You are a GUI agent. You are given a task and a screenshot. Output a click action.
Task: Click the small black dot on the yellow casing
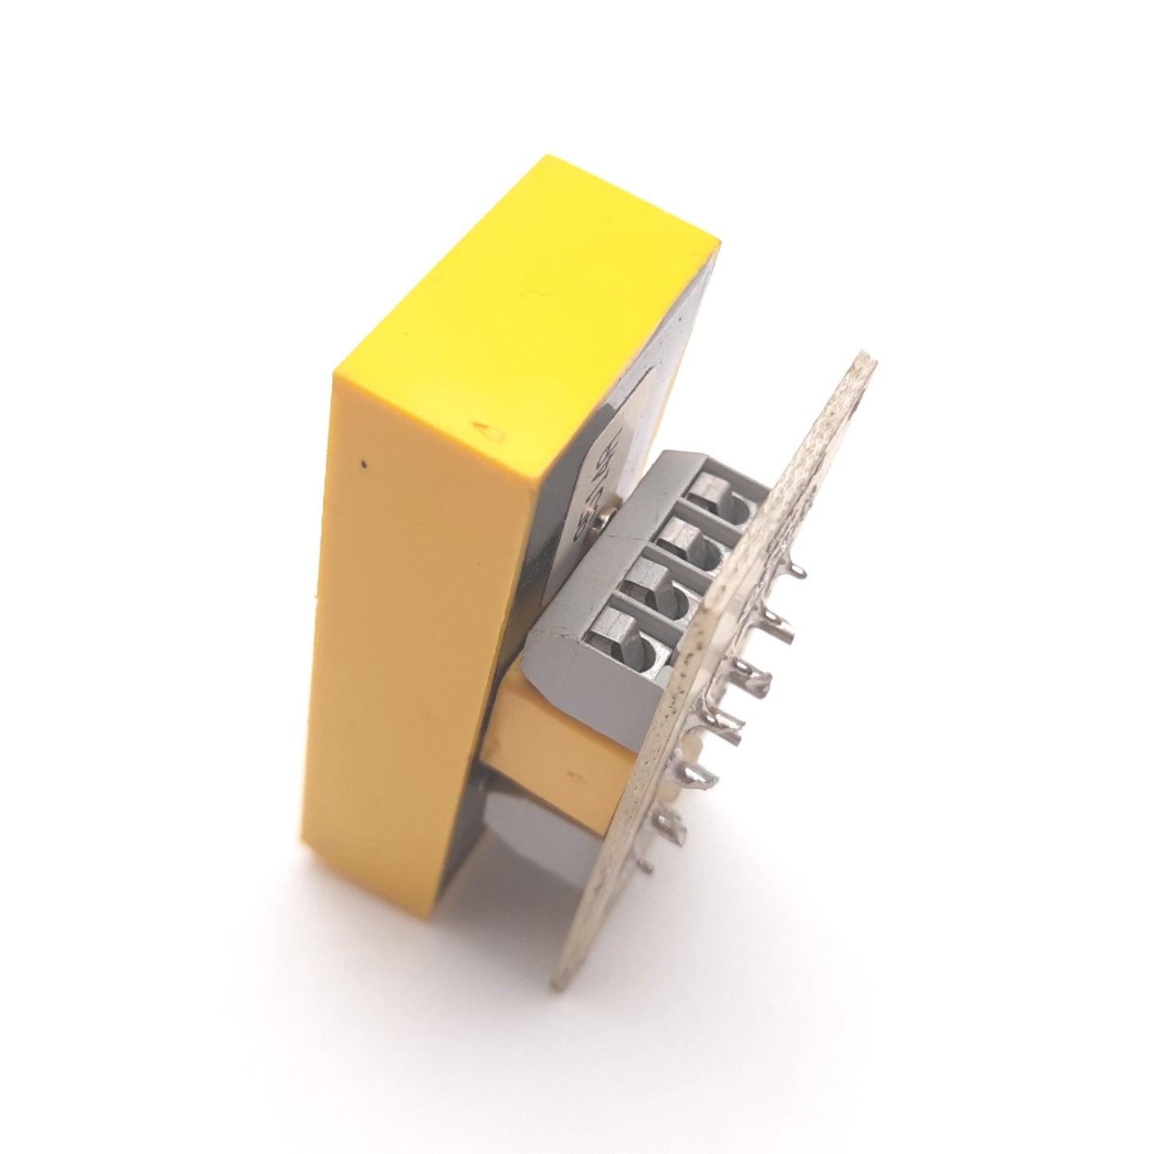(x=365, y=462)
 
